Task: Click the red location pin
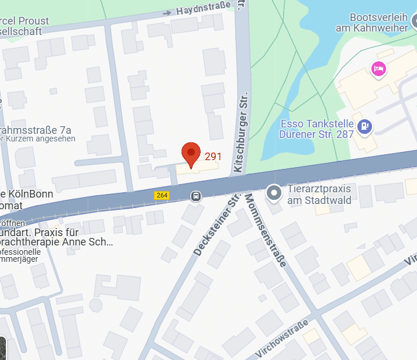(x=191, y=154)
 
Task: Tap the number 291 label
(x=213, y=157)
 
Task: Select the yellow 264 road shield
(x=162, y=195)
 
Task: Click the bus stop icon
(x=196, y=196)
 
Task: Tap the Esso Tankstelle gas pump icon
(x=366, y=125)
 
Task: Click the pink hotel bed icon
(x=378, y=69)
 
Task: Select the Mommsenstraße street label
(x=265, y=230)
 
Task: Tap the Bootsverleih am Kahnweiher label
(x=371, y=23)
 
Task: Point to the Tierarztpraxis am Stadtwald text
(x=319, y=196)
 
